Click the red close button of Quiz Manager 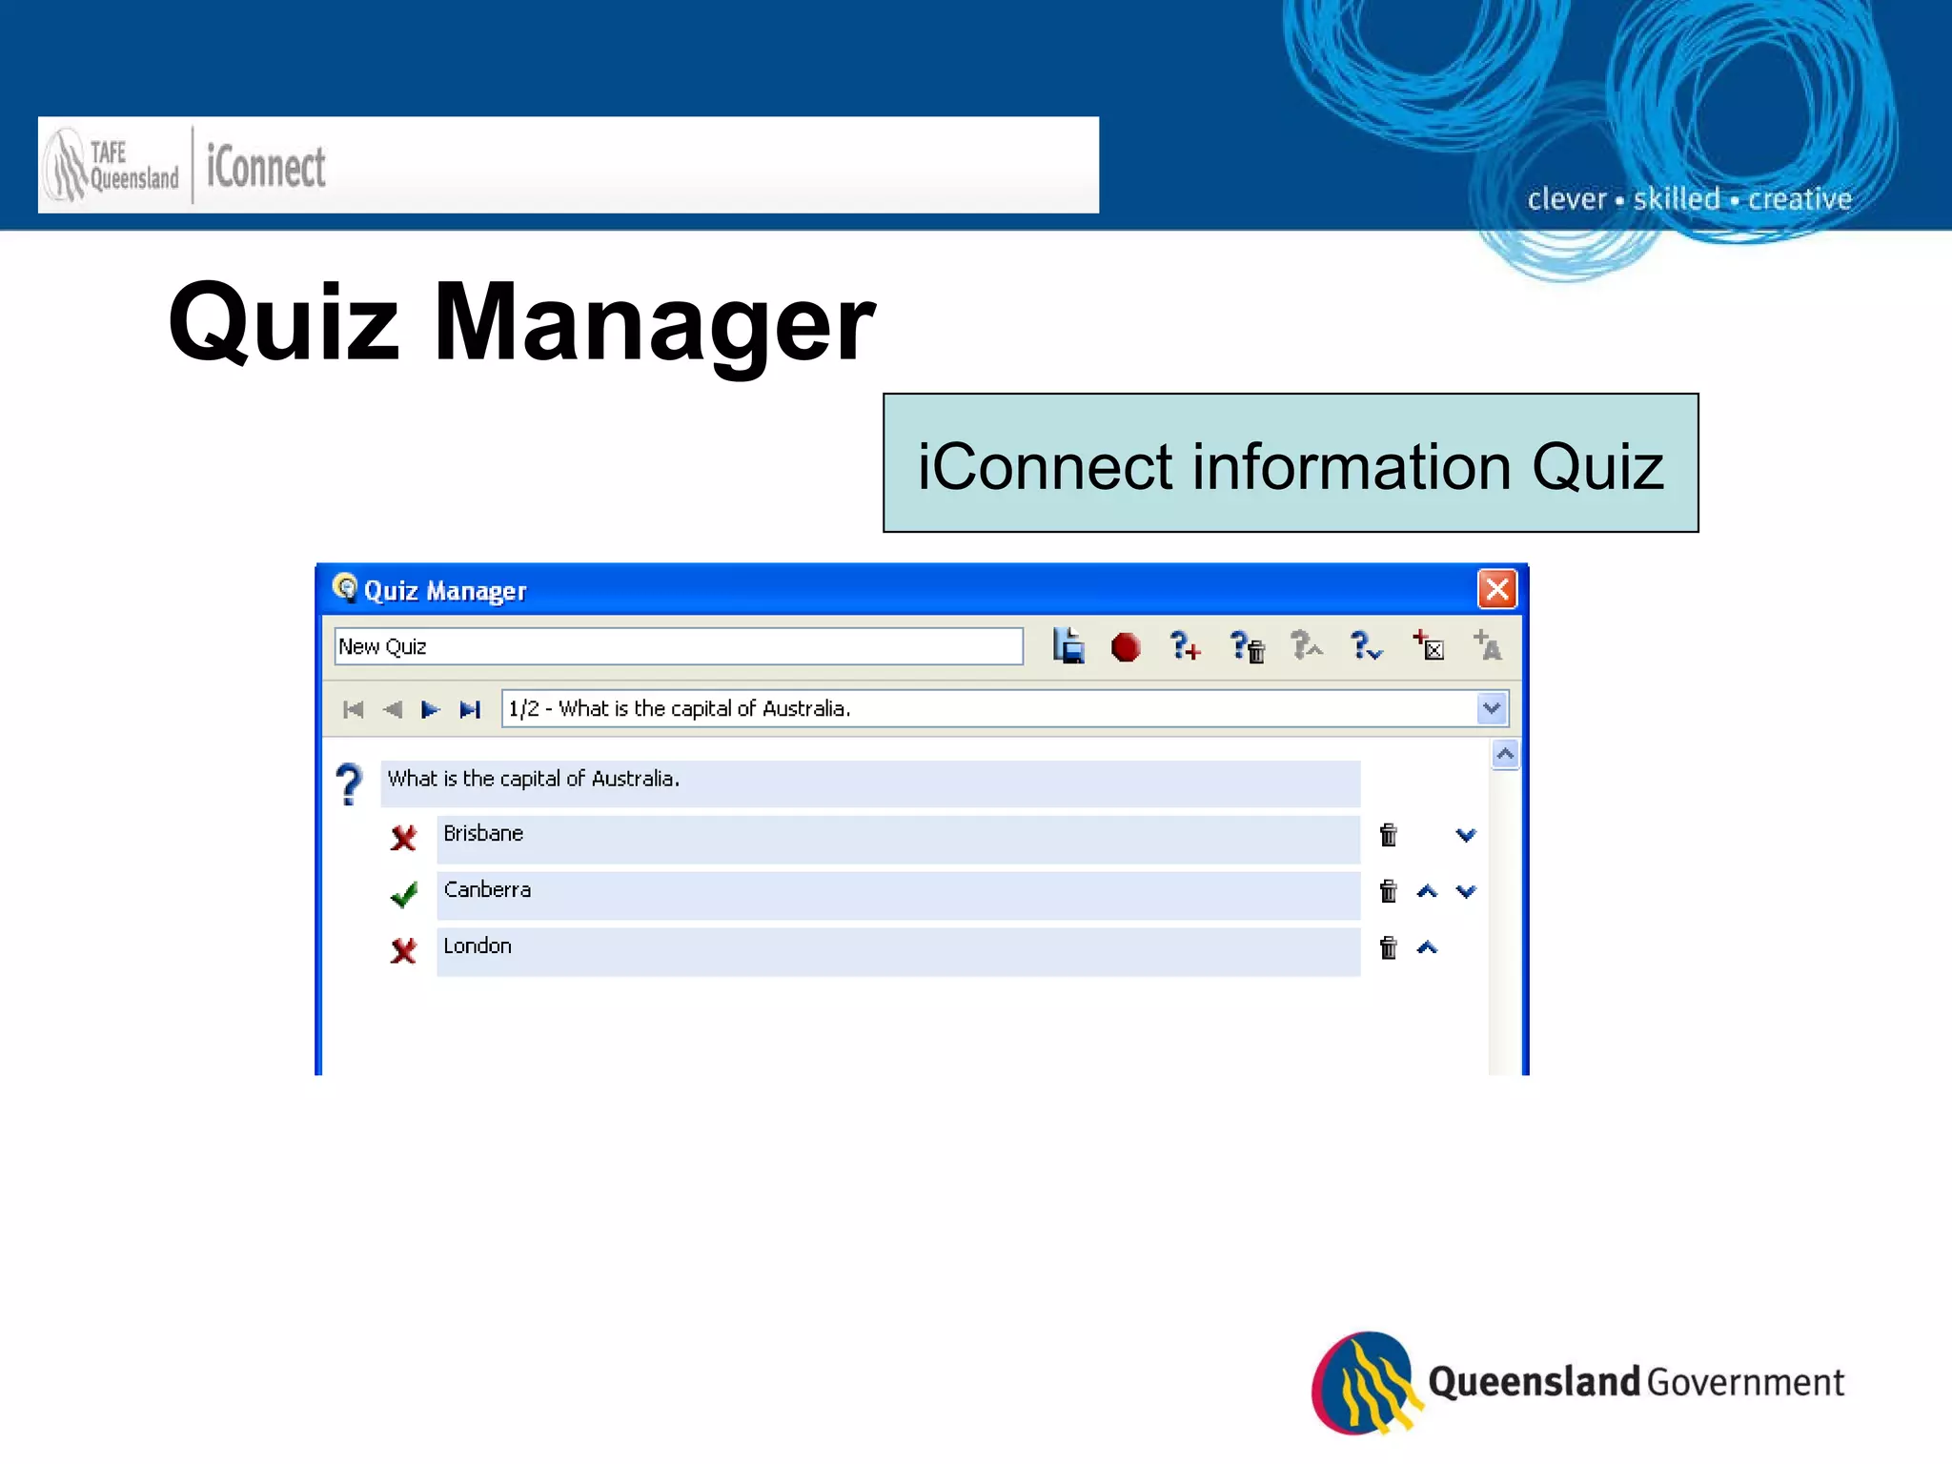click(1496, 589)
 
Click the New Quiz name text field click(678, 646)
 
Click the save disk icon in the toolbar click(1068, 646)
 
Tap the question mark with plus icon click(1185, 646)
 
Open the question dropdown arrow click(1491, 708)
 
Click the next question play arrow click(430, 709)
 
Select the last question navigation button click(470, 709)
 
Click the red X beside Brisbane click(403, 838)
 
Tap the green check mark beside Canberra click(404, 894)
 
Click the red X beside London click(403, 950)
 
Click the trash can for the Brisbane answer click(1389, 835)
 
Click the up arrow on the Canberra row click(1427, 891)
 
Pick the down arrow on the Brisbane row click(1466, 835)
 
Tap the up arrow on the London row click(1427, 947)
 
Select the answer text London click(478, 945)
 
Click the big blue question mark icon click(350, 784)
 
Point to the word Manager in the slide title click(654, 324)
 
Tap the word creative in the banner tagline click(1799, 199)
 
